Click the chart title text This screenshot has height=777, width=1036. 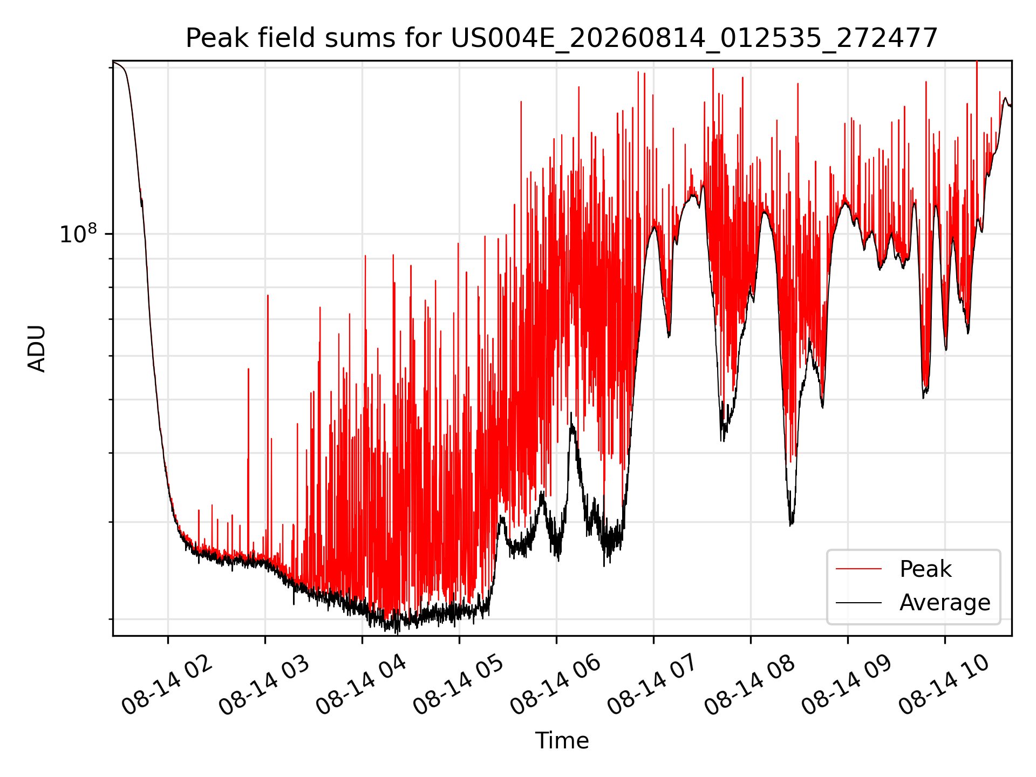[x=562, y=39]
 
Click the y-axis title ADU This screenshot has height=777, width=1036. [x=37, y=349]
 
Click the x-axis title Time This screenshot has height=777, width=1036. [x=562, y=741]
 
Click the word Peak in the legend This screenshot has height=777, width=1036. [x=925, y=569]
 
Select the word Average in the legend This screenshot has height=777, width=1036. [x=945, y=603]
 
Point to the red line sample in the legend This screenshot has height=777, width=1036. [x=858, y=569]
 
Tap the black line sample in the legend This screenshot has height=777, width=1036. [x=858, y=602]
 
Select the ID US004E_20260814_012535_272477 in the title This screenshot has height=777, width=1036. [x=694, y=39]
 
